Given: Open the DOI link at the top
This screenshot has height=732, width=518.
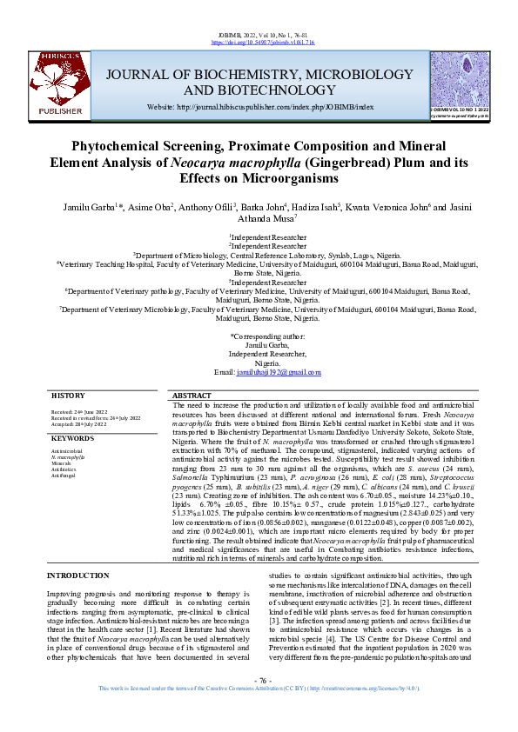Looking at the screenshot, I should click(x=259, y=41).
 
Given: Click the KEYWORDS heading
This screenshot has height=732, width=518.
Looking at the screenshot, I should click(x=71, y=438).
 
